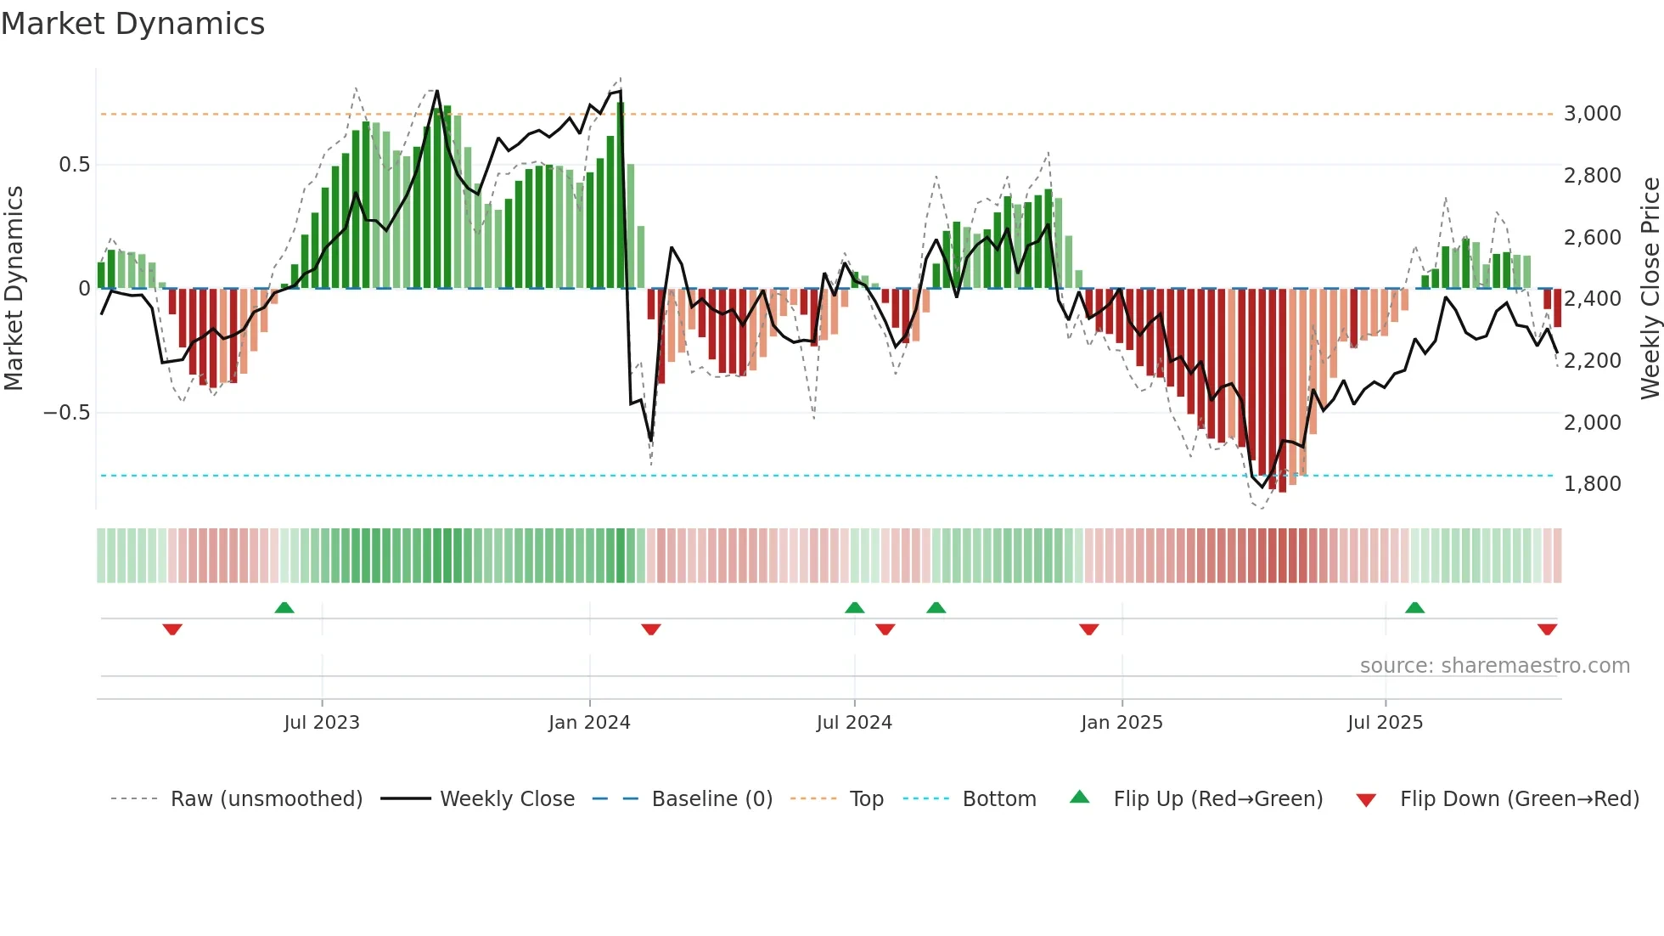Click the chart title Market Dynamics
pos(132,24)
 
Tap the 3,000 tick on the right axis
pos(1592,114)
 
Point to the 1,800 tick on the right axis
pos(1592,484)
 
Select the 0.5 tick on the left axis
pos(74,165)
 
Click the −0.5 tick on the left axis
pos(66,413)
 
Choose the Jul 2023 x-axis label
pos(322,723)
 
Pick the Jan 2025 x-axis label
pos(1122,723)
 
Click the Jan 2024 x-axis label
pos(589,723)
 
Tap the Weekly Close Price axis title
pos(1650,289)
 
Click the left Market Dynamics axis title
pos(14,289)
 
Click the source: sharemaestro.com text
pos(1494,666)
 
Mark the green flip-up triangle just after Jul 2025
pos(1414,608)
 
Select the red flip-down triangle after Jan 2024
pos(651,629)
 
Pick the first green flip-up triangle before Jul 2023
pos(284,608)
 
